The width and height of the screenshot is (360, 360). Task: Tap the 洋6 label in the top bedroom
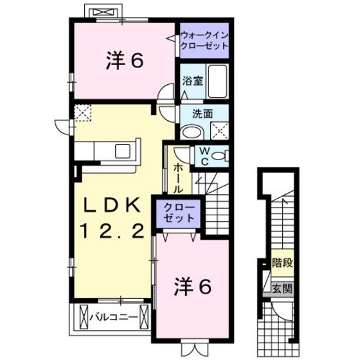[123, 61]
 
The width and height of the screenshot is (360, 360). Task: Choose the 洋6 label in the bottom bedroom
[192, 287]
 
